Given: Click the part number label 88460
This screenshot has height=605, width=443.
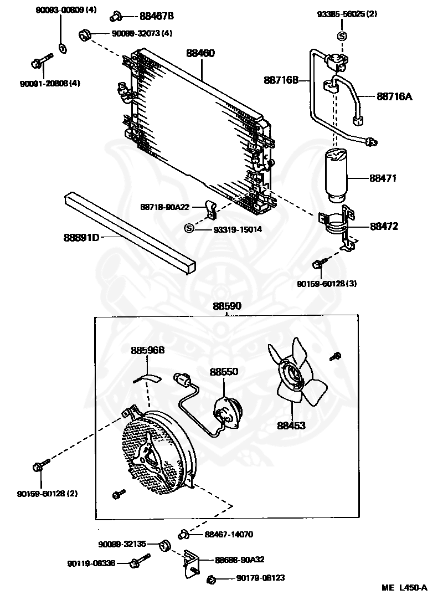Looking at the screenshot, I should pyautogui.click(x=200, y=54).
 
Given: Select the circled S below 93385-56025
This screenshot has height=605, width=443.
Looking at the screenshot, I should pyautogui.click(x=342, y=37).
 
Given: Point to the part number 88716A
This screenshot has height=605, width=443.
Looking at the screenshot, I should pyautogui.click(x=394, y=96).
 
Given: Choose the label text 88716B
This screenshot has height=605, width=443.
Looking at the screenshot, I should pyautogui.click(x=281, y=81).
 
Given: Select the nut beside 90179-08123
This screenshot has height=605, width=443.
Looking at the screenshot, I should pyautogui.click(x=212, y=580).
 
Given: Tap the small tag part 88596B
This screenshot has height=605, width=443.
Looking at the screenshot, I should pyautogui.click(x=148, y=378).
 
